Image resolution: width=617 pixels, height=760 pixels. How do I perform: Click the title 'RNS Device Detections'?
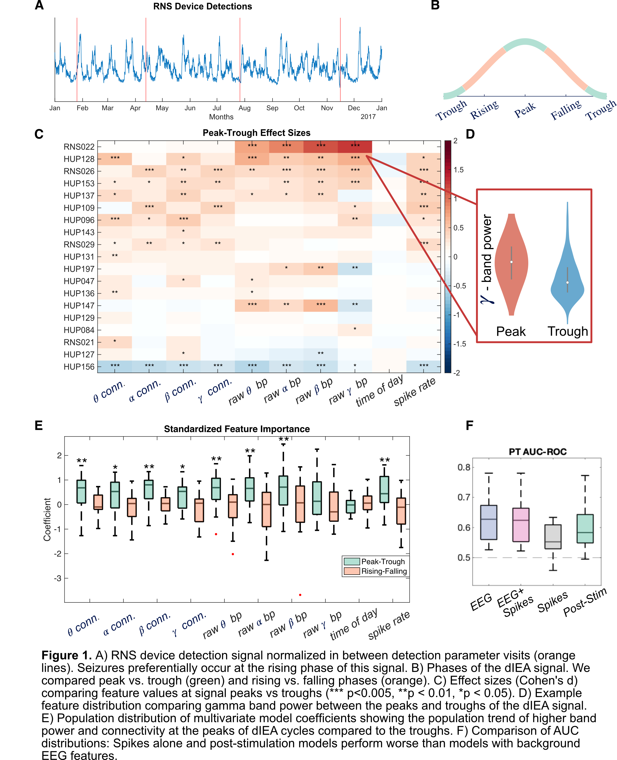pos(202,6)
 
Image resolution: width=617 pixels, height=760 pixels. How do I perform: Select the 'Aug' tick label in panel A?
pos(245,108)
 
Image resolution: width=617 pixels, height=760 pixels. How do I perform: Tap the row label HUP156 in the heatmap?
pos(79,367)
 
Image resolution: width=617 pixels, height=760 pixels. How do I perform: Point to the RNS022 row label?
pos(79,147)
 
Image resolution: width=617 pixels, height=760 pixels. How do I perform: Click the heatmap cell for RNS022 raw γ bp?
pos(355,146)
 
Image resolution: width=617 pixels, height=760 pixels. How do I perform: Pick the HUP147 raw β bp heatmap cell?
pos(321,305)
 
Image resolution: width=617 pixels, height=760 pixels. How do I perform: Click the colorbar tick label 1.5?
pos(458,170)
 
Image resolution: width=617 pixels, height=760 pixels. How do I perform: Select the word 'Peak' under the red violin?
pos(511,332)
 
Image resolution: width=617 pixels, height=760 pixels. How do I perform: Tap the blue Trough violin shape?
pos(567,281)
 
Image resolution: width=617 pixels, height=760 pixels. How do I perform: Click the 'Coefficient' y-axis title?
pos(47,519)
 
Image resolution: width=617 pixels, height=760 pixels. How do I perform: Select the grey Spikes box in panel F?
pos(553,536)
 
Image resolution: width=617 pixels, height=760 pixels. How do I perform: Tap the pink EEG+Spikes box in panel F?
pos(521,525)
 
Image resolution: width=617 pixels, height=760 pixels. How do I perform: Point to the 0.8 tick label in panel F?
pos(464,467)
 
